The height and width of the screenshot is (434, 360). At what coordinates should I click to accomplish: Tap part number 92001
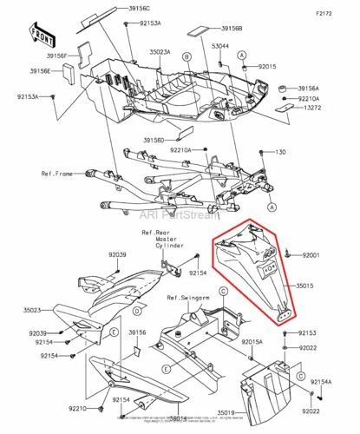click(x=311, y=255)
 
